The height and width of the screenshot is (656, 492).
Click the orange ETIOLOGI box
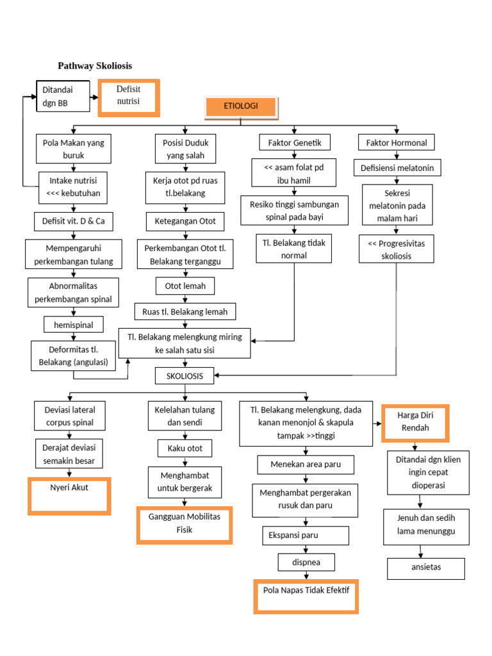tap(241, 107)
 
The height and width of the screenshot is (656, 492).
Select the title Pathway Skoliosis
tap(95, 66)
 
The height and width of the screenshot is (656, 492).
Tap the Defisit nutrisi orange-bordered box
tap(128, 97)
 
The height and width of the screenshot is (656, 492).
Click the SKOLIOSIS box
tap(184, 376)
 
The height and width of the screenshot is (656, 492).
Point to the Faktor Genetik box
tap(295, 142)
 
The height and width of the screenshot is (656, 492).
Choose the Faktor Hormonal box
tap(396, 142)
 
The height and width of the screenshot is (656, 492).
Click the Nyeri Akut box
tap(69, 495)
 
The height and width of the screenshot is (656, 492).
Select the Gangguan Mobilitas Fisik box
tap(184, 524)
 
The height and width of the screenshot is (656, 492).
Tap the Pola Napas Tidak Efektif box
tap(306, 596)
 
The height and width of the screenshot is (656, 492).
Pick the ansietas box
tap(426, 568)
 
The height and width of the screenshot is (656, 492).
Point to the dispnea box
tap(306, 562)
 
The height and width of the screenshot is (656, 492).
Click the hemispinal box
tap(73, 325)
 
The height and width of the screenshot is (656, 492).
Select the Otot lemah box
tap(185, 286)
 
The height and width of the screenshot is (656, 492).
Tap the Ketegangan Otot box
tap(185, 222)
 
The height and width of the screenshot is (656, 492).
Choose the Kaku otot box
tap(185, 448)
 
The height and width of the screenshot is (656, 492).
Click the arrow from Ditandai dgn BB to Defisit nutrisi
tap(92, 97)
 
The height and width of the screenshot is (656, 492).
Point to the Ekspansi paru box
tap(306, 536)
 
